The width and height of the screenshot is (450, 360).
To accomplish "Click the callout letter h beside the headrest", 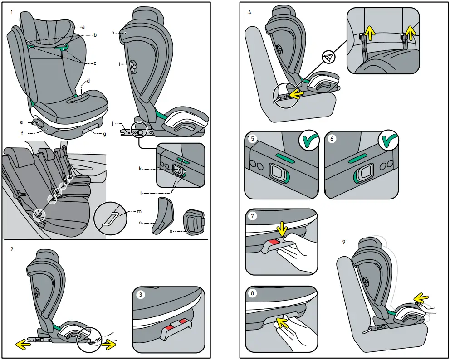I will pos(113,33).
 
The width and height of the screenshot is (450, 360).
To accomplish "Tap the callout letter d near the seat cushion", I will pos(88,81).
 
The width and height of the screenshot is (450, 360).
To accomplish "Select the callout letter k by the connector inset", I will pos(141,169).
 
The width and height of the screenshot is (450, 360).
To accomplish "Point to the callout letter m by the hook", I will pos(139,211).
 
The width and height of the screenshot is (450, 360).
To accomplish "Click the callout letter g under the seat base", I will pos(105,134).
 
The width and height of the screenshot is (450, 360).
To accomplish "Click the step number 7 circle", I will pos(253,217).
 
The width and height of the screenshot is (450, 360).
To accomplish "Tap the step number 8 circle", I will pos(253,293).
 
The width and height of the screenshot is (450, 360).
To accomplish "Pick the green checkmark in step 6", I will pos(389,141).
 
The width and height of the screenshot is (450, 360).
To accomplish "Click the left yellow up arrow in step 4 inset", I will pos(370,32).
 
